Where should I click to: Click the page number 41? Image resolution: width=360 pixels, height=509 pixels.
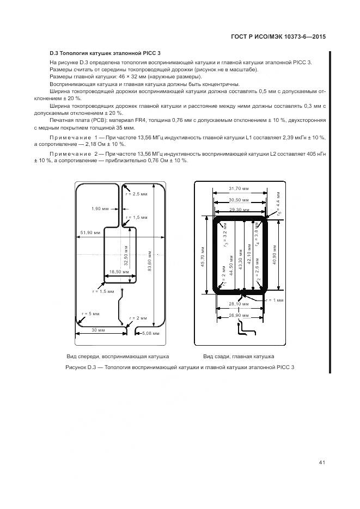tap(322, 463)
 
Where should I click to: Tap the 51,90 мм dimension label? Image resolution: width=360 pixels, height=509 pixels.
tap(90, 232)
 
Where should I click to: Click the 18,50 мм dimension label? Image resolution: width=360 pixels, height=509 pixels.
tap(119, 271)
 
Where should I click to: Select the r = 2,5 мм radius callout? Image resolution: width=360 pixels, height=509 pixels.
tap(133, 194)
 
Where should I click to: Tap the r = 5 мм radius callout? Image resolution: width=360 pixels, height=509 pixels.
tap(90, 314)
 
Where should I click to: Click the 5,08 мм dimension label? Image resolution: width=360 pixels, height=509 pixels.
tap(150, 333)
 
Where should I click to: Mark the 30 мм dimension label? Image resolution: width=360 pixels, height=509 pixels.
tap(98, 330)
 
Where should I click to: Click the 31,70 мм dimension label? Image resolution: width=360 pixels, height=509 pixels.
tap(239, 188)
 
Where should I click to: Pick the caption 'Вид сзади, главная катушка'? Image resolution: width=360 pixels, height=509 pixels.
tap(239, 356)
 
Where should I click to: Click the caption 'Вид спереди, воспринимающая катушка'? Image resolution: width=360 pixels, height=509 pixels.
tap(118, 356)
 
